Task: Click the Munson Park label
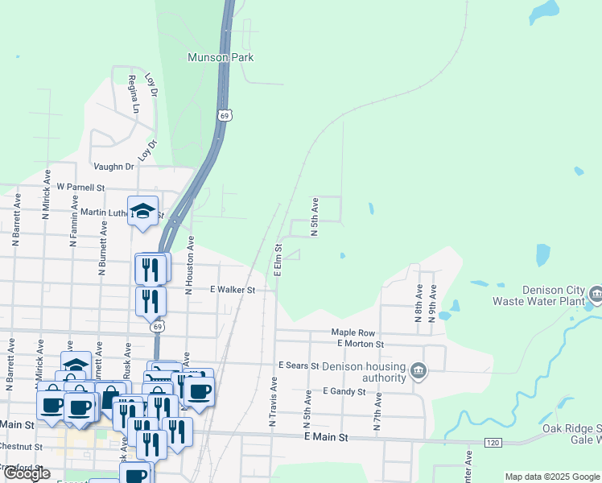coord(221,57)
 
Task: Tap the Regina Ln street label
coord(134,95)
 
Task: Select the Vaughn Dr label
coord(113,167)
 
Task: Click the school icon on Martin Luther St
coord(143,211)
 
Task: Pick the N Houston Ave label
coord(191,264)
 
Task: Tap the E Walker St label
coord(232,290)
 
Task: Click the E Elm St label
coord(278,260)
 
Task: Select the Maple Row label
coord(353,332)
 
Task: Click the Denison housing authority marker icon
coord(419,370)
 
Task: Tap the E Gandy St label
coord(344,392)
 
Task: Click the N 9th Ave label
coord(433,303)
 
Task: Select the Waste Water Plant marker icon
coord(596,292)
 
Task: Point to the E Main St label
coord(325,437)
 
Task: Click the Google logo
coord(27,473)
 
